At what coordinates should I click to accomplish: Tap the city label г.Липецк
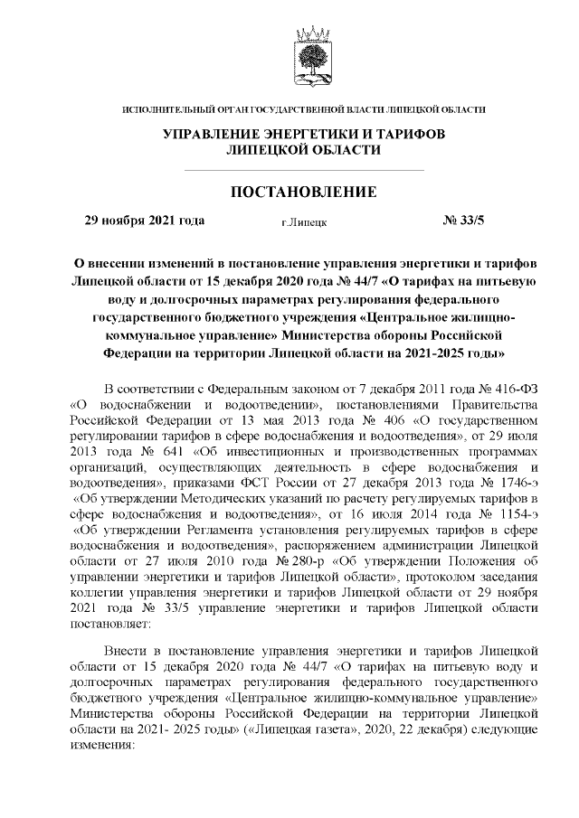304,221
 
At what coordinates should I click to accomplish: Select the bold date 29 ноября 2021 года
144,220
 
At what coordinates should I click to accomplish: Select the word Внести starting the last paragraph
125,650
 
